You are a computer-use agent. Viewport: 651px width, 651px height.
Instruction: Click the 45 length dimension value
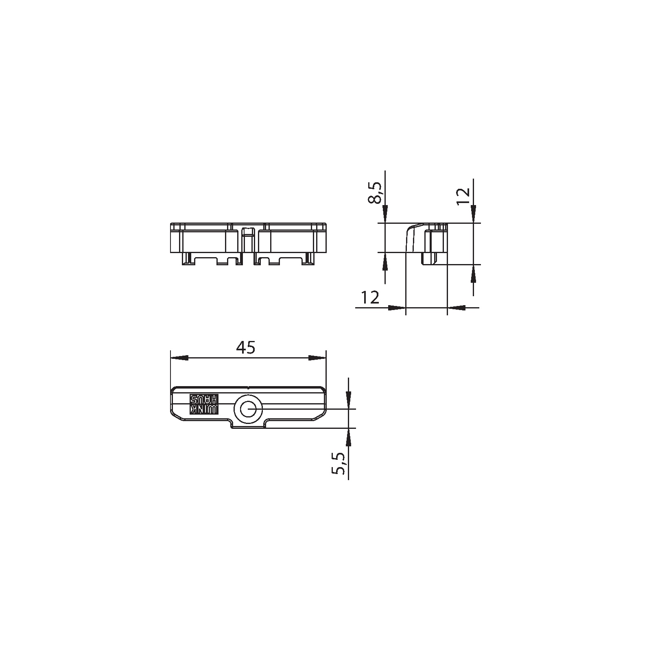coord(246,348)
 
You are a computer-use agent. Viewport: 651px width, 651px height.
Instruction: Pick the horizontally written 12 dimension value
coord(370,298)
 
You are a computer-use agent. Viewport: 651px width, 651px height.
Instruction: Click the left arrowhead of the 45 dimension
coord(179,358)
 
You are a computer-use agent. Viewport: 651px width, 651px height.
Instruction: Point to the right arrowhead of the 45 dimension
coord(317,358)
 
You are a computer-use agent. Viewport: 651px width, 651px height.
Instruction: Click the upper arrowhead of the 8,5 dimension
coord(385,214)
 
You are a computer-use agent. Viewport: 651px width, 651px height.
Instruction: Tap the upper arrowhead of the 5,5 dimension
coord(349,400)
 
